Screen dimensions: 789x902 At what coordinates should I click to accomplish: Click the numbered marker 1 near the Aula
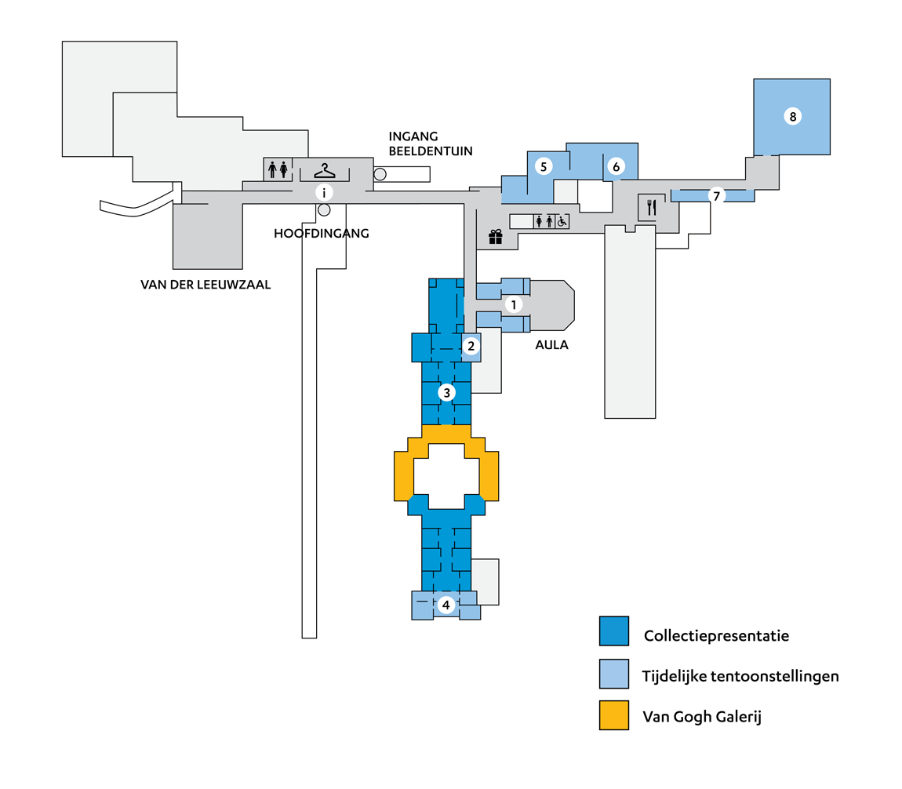[513, 304]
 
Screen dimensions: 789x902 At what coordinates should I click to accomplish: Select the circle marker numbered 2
[471, 345]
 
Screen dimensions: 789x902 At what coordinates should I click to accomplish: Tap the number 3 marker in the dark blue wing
[446, 392]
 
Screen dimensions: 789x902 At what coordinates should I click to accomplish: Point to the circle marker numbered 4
[446, 605]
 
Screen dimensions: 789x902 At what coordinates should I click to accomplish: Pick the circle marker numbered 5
[542, 165]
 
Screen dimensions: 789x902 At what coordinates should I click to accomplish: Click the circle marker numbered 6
[616, 166]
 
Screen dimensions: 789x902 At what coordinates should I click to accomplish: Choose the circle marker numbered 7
[715, 196]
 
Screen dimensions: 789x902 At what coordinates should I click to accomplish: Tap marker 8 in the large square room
[792, 117]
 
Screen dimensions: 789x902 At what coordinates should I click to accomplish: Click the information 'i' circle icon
[323, 191]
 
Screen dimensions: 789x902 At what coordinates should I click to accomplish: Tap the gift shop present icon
[495, 237]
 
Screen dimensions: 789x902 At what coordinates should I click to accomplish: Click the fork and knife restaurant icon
[651, 208]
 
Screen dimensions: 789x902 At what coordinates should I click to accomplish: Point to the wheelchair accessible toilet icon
[562, 222]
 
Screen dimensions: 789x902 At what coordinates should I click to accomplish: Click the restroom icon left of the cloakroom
[278, 169]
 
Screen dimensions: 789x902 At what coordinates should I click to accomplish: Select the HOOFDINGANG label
[321, 233]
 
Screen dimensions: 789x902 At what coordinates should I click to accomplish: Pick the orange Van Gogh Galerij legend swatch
[613, 715]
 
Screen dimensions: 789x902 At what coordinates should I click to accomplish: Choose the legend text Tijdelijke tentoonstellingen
[740, 675]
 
